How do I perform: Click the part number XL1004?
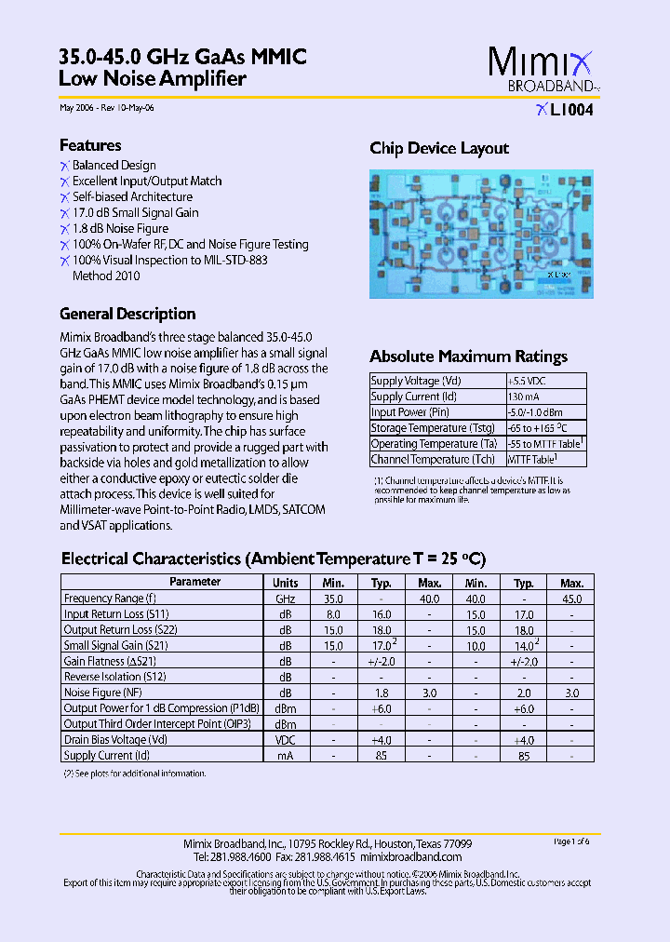[564, 110]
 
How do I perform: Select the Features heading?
[90, 145]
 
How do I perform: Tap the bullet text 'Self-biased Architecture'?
[132, 196]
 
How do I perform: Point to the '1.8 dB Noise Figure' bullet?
[120, 228]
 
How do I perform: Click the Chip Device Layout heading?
[439, 148]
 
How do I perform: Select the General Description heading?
[127, 314]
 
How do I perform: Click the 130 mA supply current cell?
[522, 397]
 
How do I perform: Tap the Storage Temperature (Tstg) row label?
[432, 428]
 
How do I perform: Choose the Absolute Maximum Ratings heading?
[468, 357]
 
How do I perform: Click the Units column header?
[285, 582]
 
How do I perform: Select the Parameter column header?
[195, 582]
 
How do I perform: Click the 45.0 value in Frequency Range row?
[571, 599]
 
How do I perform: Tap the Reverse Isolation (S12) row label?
[114, 677]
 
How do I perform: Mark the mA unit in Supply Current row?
[285, 756]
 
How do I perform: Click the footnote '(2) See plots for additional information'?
[134, 774]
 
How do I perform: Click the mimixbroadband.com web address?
[409, 856]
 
